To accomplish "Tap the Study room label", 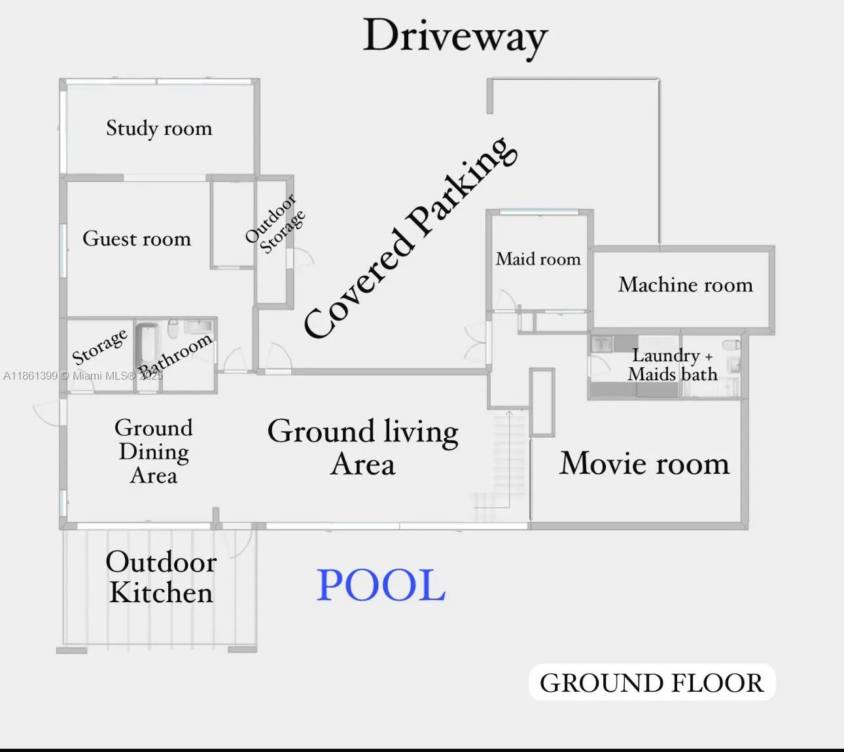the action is tap(159, 128).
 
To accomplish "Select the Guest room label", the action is tap(137, 239).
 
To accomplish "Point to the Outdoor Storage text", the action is tap(275, 224).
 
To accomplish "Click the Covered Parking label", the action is tap(410, 237).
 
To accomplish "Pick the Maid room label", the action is tap(538, 259).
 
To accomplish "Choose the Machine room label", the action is tap(685, 285).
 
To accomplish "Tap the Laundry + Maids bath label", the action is tap(673, 365).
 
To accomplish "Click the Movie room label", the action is tap(644, 463).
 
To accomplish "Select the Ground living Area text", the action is tap(363, 447).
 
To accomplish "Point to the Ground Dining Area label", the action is tap(154, 452).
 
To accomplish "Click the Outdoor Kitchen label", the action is tap(161, 577).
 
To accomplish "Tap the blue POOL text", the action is tap(381, 585).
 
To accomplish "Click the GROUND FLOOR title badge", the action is tap(652, 683).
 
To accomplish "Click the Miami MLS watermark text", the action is tap(83, 376).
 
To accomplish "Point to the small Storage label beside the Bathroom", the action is tap(99, 346).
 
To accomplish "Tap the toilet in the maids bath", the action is tap(731, 345).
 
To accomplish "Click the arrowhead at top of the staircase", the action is tap(509, 413).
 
